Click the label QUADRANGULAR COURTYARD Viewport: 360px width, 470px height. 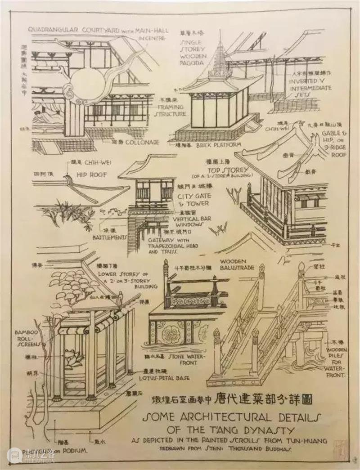[x=72, y=31]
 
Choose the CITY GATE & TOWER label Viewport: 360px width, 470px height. [x=193, y=200]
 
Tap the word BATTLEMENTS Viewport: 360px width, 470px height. [x=109, y=237]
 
